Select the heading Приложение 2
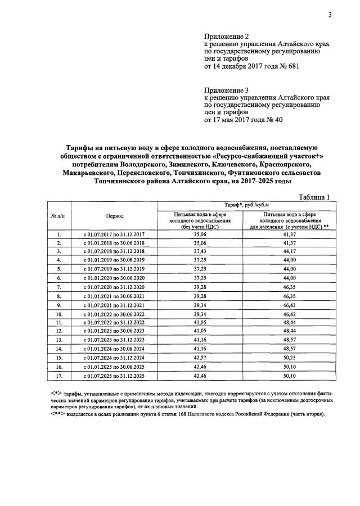pos(226,36)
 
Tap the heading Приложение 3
pos(226,90)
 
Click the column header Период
pos(114,216)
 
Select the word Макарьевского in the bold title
pos(87,174)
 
